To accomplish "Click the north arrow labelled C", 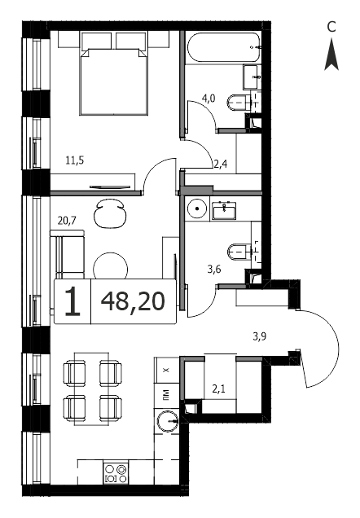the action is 331,54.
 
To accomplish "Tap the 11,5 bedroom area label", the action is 75,160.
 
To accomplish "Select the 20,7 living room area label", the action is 67,221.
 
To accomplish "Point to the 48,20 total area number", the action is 133,301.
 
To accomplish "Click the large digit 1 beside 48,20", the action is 72,301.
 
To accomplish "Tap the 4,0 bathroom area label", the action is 209,98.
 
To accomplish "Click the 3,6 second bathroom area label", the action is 214,270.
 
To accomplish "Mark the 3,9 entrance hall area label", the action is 260,336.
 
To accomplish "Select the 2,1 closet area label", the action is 218,388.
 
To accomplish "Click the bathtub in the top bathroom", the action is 224,47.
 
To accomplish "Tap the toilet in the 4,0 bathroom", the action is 239,103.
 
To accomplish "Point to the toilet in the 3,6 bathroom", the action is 239,252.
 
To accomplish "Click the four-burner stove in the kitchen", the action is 116,472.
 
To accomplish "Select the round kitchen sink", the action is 168,421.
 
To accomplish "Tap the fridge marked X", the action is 166,370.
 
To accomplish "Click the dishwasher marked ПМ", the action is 166,396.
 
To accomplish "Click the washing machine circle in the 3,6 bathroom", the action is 197,209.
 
